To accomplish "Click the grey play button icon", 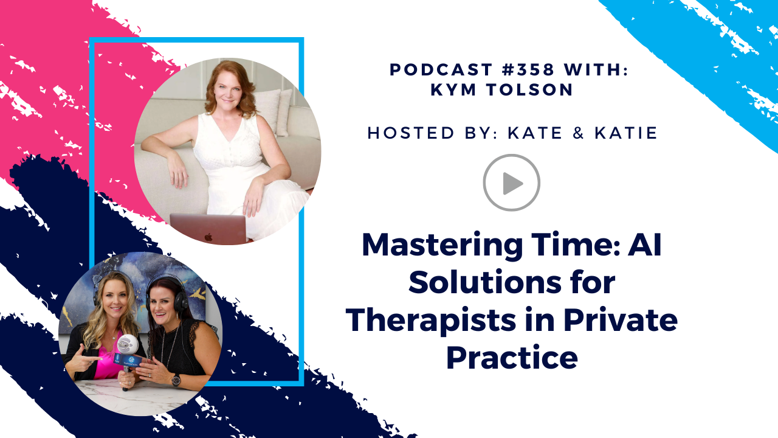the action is [x=511, y=182].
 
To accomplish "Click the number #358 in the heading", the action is [x=528, y=69].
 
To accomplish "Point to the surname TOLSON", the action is [x=529, y=89].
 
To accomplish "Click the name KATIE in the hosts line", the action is [x=626, y=133].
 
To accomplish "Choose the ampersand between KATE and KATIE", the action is [x=578, y=133].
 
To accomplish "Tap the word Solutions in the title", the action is [x=485, y=282].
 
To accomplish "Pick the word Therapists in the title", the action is [x=430, y=321].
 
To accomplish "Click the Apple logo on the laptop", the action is [x=208, y=237].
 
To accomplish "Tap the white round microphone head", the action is [x=128, y=345].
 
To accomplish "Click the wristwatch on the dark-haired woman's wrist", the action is [x=176, y=380].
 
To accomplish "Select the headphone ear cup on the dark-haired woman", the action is [x=181, y=301].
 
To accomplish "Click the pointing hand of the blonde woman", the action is [x=81, y=362].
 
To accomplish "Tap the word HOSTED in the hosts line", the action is [x=411, y=133].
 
